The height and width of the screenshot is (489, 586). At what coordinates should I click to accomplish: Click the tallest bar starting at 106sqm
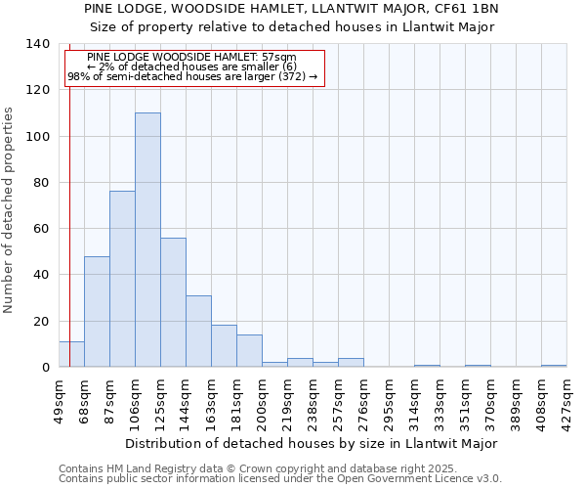click(147, 240)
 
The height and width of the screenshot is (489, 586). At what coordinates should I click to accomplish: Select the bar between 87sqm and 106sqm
click(122, 279)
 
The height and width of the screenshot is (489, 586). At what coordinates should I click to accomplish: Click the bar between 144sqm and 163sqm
click(198, 331)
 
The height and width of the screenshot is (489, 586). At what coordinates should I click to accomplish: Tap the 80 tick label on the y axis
click(41, 183)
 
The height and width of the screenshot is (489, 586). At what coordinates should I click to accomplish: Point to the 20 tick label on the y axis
click(41, 321)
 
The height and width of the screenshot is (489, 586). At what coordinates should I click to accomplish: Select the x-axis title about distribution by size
click(312, 443)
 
